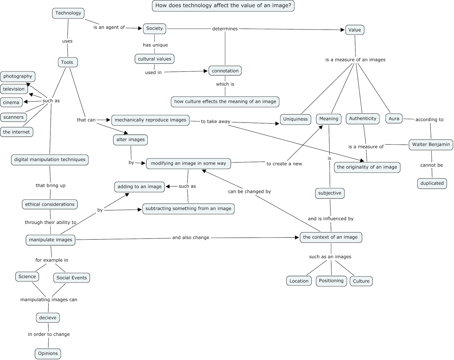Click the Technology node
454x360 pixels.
tap(68, 13)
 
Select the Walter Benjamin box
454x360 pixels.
tap(431, 145)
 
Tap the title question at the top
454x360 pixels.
tap(223, 6)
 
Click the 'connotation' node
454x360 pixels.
tap(225, 71)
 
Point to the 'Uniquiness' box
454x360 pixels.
tap(295, 119)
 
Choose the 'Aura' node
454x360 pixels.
tap(394, 119)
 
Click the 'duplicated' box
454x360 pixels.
tap(432, 183)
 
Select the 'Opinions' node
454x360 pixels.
tap(48, 353)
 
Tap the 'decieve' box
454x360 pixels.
tap(48, 318)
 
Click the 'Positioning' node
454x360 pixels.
tap(331, 281)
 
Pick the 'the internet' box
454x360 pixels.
tap(16, 132)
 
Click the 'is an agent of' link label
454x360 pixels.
tap(109, 27)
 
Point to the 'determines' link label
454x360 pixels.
tap(225, 29)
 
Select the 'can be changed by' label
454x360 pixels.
tap(249, 192)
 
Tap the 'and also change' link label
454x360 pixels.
tap(191, 238)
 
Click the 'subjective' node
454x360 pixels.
tap(330, 193)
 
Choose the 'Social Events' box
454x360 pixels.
tap(72, 278)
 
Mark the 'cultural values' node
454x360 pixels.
tap(154, 59)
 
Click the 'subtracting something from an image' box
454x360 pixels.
tap(188, 209)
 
